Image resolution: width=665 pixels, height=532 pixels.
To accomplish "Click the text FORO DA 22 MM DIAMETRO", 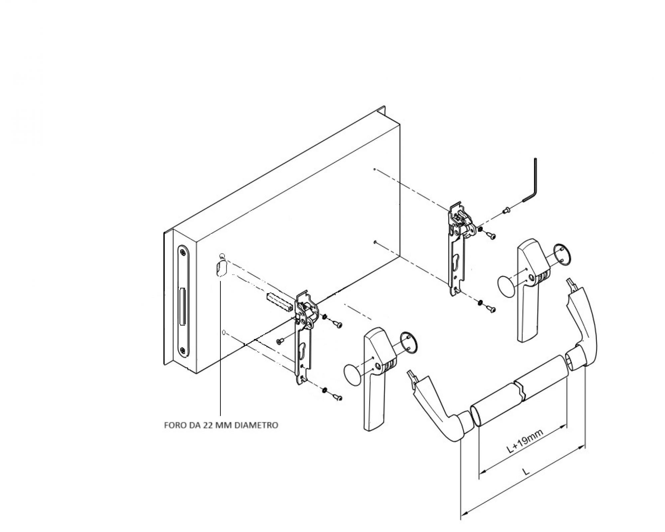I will click(x=221, y=425).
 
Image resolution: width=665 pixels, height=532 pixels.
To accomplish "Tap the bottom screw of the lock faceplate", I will click(x=183, y=350).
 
